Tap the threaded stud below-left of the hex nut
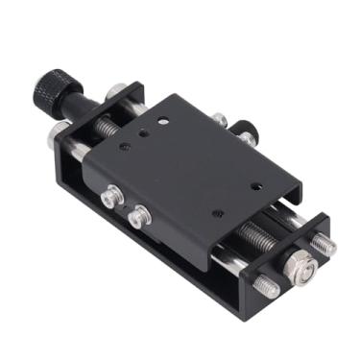click(x=266, y=286)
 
